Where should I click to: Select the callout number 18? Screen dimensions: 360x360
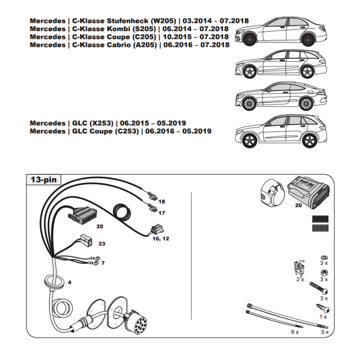pos(161,201)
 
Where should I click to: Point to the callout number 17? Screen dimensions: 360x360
pos(161,212)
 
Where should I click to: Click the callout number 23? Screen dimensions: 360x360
pos(101,244)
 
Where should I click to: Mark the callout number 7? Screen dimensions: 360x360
pos(102,263)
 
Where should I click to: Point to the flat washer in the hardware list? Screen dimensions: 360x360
pos(323,255)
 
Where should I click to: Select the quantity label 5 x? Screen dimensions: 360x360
pos(324,332)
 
